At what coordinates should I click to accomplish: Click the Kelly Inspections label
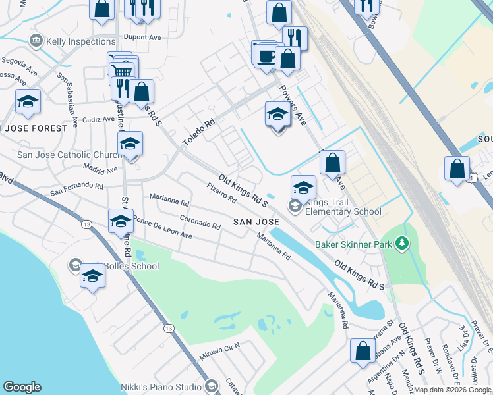81,41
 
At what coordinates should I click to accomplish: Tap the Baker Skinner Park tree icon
402,245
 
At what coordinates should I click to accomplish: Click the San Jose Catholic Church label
69,155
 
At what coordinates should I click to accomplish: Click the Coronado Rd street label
200,222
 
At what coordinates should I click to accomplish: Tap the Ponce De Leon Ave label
162,227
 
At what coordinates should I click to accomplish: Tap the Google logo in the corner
22,387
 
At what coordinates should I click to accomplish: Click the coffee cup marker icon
266,56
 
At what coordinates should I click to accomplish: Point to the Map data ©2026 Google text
453,390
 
